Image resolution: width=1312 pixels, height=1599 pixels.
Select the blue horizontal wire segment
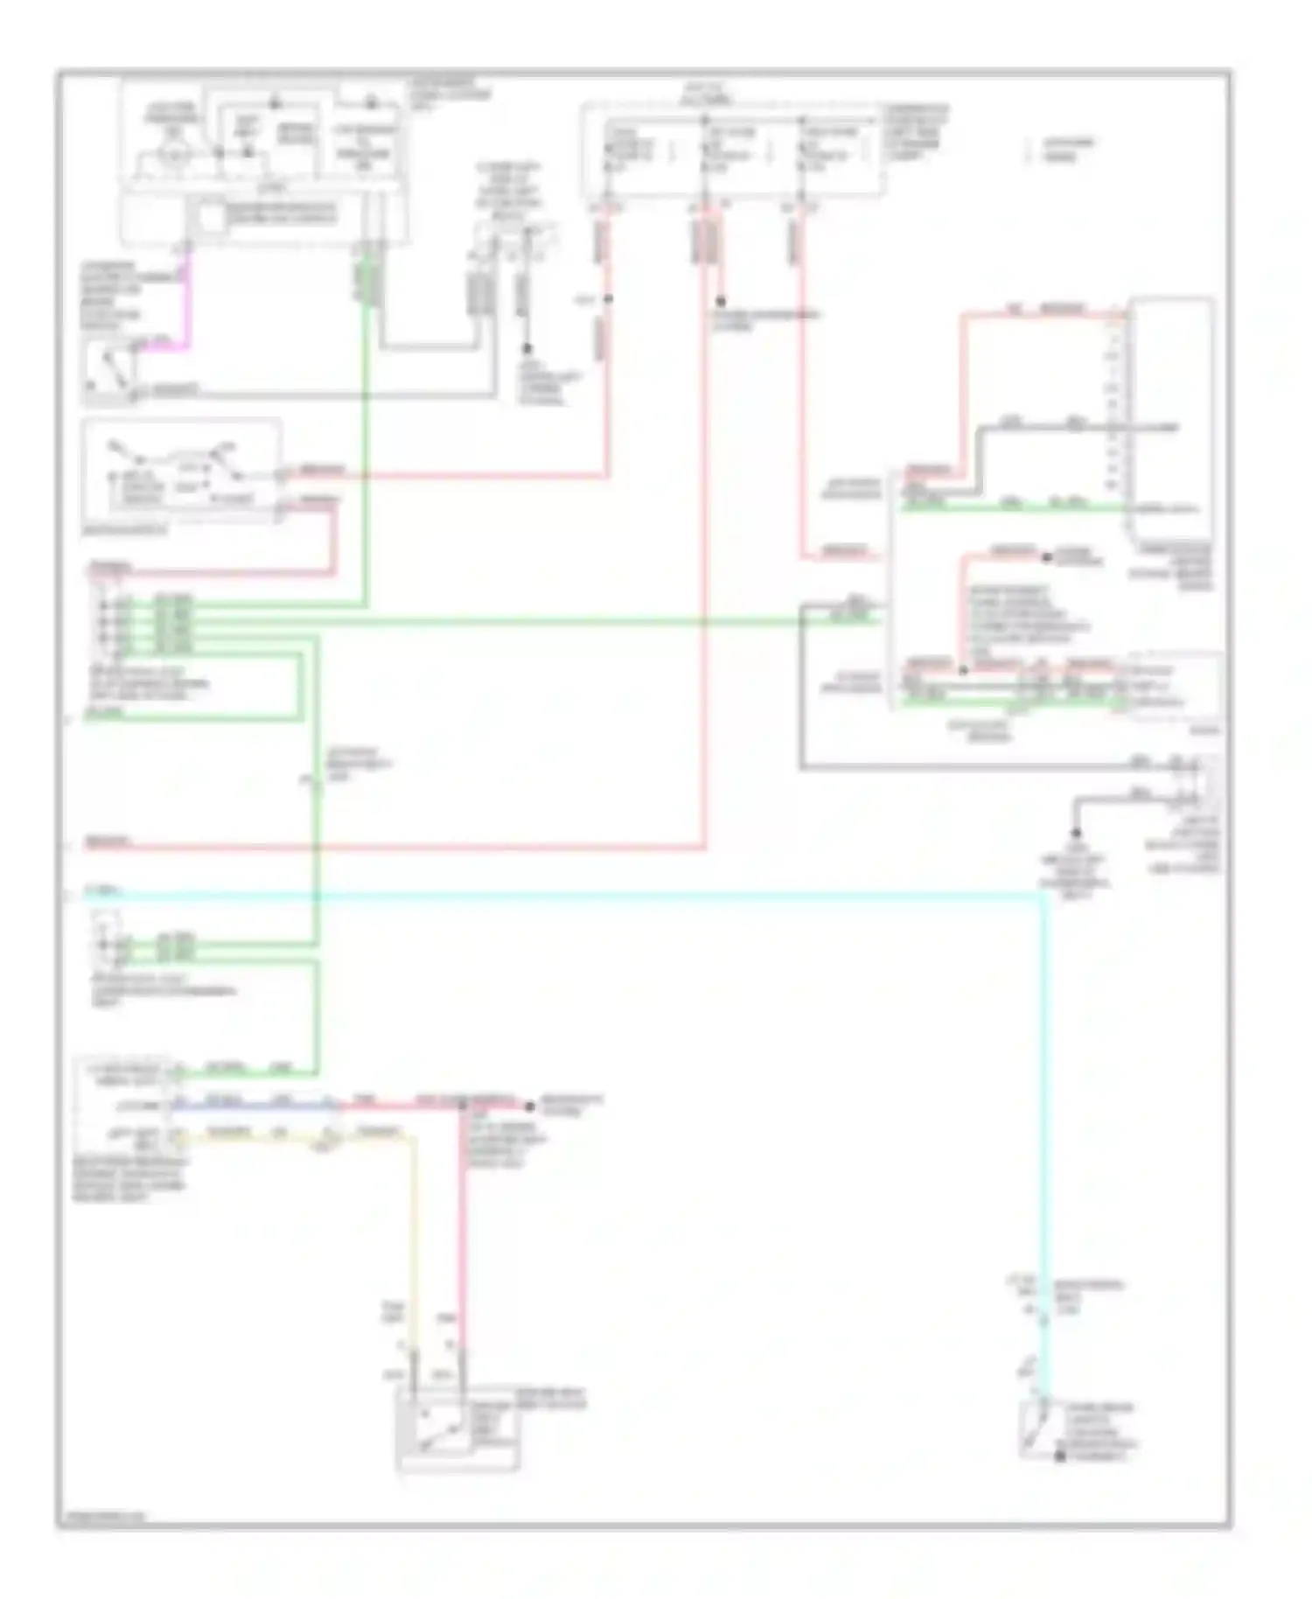254,1106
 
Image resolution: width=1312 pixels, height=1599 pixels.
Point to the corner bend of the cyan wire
1041,896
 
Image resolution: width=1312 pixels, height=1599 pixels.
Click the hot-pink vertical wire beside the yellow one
462,1242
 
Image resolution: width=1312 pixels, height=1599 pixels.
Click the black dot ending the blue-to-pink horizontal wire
529,1106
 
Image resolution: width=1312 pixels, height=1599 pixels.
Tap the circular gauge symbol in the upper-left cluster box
174,154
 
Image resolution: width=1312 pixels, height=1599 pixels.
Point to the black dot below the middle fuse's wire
720,301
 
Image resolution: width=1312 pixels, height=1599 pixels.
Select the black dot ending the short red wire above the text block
1046,557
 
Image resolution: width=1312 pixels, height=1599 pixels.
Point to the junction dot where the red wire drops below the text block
963,670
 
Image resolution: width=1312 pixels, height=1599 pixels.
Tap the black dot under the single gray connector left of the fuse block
527,349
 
